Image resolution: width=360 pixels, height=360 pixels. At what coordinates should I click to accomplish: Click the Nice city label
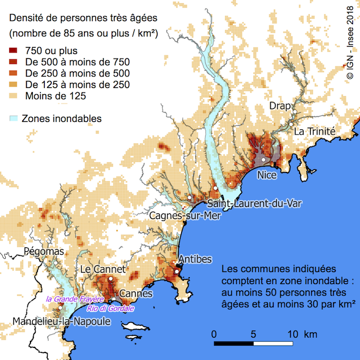[x=267, y=175]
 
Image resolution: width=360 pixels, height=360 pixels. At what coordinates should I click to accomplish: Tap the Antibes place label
[x=196, y=259]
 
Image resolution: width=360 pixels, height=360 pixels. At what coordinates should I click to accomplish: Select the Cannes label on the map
[x=136, y=294]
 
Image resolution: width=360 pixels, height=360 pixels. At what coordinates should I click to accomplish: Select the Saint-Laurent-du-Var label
[x=254, y=203]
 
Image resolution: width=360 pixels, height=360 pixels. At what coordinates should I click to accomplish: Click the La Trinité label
[x=314, y=131]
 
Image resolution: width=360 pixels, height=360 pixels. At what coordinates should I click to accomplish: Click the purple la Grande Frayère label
[x=75, y=299]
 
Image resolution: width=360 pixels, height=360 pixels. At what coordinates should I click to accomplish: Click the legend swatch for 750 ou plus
[x=14, y=51]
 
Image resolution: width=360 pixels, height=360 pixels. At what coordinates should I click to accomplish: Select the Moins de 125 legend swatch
[x=14, y=95]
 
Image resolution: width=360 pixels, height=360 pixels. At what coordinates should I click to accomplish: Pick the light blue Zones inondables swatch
[x=14, y=118]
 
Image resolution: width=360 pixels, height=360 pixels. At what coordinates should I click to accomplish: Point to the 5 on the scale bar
[x=254, y=334]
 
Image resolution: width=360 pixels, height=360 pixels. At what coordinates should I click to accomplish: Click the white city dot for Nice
[x=263, y=159]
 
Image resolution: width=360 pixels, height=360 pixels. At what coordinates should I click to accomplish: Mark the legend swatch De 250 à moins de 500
[x=14, y=73]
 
